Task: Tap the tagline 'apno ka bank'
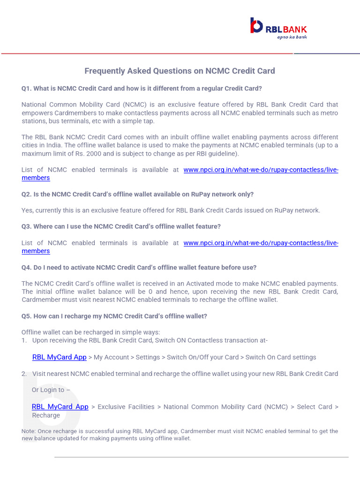coord(292,37)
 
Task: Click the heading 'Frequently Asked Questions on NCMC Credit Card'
coord(180,71)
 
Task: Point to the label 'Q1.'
coord(27,89)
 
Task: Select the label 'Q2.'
coord(27,194)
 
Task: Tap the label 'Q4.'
coord(27,268)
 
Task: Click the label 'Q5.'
coord(27,316)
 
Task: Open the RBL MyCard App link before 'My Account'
coord(60,357)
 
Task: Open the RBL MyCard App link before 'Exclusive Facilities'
coord(60,407)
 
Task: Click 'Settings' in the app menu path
coord(148,357)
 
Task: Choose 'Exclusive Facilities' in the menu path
coord(126,407)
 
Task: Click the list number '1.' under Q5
coord(24,341)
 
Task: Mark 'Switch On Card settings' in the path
coord(281,357)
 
